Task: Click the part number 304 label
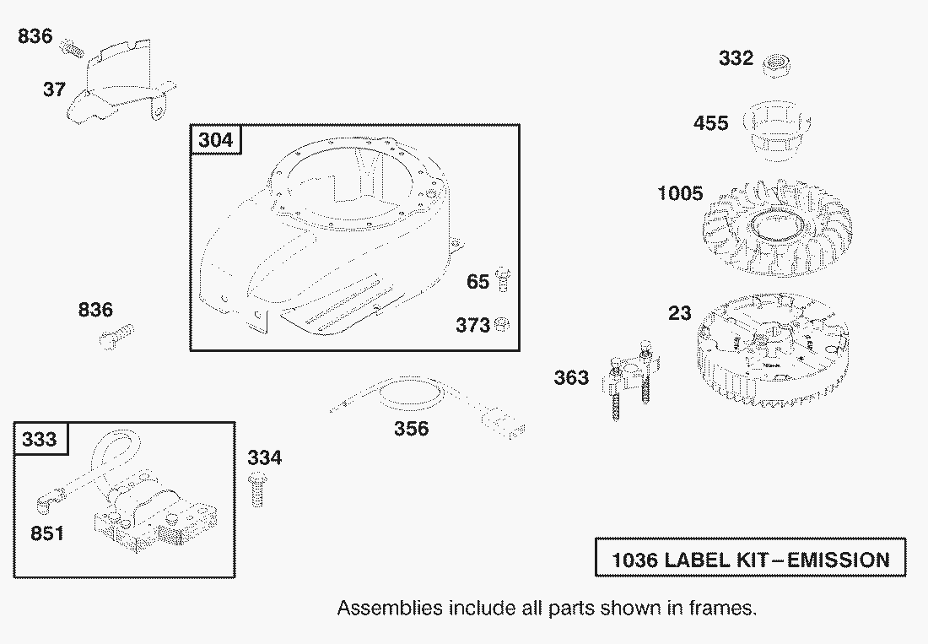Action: click(216, 140)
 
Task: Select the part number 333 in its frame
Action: click(40, 439)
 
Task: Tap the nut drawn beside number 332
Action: click(775, 65)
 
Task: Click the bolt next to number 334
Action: click(256, 489)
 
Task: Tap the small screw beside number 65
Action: click(504, 279)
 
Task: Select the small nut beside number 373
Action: click(501, 324)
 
